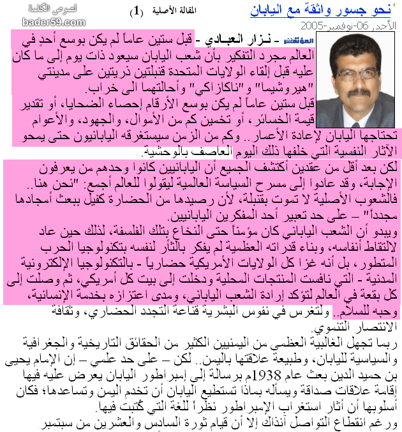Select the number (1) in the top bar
137,11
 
